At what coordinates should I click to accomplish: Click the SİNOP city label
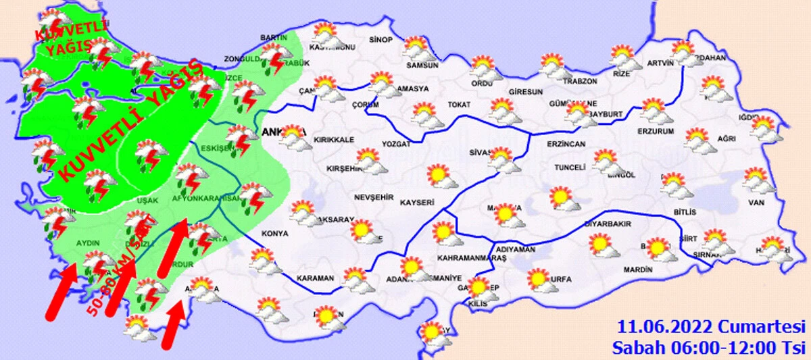381,41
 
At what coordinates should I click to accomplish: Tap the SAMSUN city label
422,66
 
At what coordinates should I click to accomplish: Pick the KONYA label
275,234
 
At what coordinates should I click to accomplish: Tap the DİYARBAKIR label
607,222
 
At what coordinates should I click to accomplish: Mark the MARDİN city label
637,269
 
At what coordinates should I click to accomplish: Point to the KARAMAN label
314,278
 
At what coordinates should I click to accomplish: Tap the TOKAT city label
458,105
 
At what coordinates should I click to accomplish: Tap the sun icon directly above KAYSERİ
438,176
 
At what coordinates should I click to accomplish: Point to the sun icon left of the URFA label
539,279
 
